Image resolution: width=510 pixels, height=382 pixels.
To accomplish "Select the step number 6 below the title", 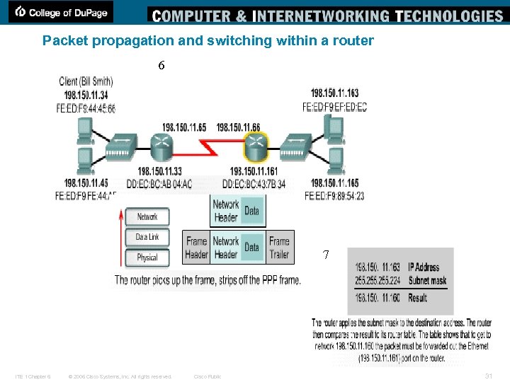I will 161,65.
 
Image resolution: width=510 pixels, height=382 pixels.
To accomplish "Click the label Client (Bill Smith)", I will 86,82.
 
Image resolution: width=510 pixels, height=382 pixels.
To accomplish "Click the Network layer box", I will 147,217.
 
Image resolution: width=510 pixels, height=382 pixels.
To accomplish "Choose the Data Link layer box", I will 147,237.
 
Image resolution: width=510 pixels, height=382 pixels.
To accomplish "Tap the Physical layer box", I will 147,257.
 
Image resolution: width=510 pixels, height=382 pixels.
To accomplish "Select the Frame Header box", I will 196,248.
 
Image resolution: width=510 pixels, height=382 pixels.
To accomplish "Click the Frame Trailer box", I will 279,248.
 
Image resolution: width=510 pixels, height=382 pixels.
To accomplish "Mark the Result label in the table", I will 418,298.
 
